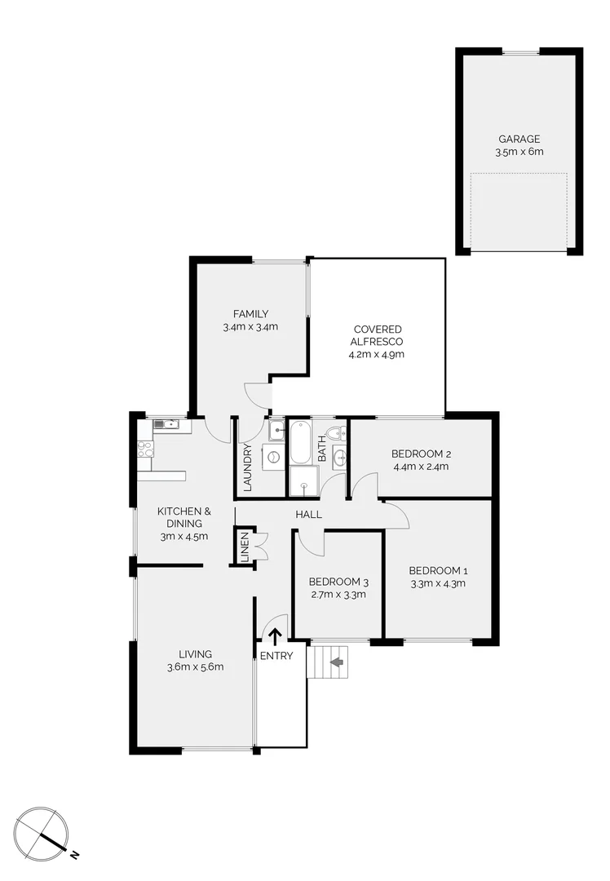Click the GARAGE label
point(519,139)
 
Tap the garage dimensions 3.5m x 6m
point(519,152)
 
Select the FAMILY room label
point(250,314)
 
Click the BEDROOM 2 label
point(421,454)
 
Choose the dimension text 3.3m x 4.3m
point(437,583)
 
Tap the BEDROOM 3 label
point(338,582)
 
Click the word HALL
point(309,515)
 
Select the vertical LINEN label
point(244,547)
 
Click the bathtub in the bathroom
point(300,441)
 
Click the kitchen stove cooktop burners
point(144,449)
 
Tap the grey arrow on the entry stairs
point(335,662)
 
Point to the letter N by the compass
point(74,854)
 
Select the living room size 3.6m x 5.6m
point(196,666)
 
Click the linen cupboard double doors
point(261,545)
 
